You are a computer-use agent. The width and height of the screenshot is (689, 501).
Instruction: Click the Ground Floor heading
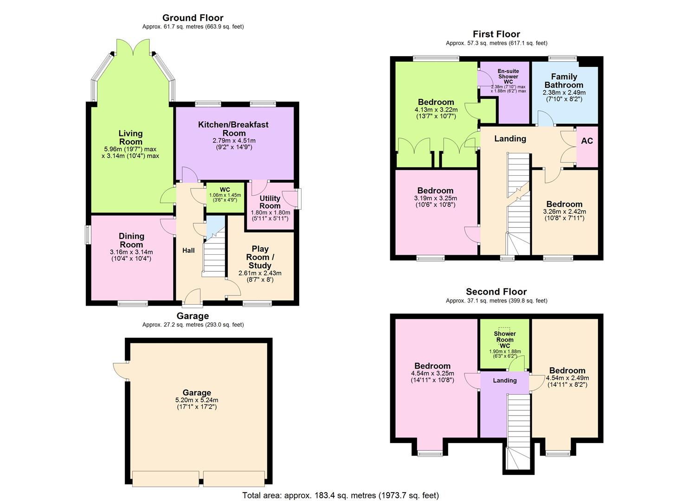point(193,18)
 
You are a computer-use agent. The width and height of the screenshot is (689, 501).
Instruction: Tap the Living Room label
point(130,138)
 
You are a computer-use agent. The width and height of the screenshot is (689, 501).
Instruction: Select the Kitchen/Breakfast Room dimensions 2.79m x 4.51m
point(234,141)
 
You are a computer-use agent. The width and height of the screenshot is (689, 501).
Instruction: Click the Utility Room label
point(270,202)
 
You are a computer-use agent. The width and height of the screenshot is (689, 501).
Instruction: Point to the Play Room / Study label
point(260,257)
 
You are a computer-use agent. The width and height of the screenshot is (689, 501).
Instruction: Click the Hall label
point(188,250)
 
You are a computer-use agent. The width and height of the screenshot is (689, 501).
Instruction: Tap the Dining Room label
point(131,240)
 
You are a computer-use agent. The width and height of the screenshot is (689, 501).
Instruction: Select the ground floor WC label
point(225,190)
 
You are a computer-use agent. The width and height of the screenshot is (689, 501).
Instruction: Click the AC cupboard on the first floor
point(587,141)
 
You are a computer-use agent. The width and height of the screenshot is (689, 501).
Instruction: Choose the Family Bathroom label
point(564,81)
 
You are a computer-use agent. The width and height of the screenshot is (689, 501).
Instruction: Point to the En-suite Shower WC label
point(508,77)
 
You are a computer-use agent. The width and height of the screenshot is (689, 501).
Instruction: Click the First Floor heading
point(496,34)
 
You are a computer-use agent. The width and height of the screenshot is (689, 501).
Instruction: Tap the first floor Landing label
point(510,139)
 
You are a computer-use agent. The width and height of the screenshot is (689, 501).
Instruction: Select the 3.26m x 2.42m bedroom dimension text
point(564,212)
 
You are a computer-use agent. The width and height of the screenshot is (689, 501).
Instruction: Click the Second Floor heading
point(496,292)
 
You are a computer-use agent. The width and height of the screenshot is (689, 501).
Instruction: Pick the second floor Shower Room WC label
point(505,340)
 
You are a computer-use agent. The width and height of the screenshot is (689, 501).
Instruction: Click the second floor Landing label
point(504,380)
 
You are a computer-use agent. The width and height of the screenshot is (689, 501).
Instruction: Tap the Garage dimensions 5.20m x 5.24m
point(197,400)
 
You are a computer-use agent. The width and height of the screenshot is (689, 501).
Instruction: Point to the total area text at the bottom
point(340,495)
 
